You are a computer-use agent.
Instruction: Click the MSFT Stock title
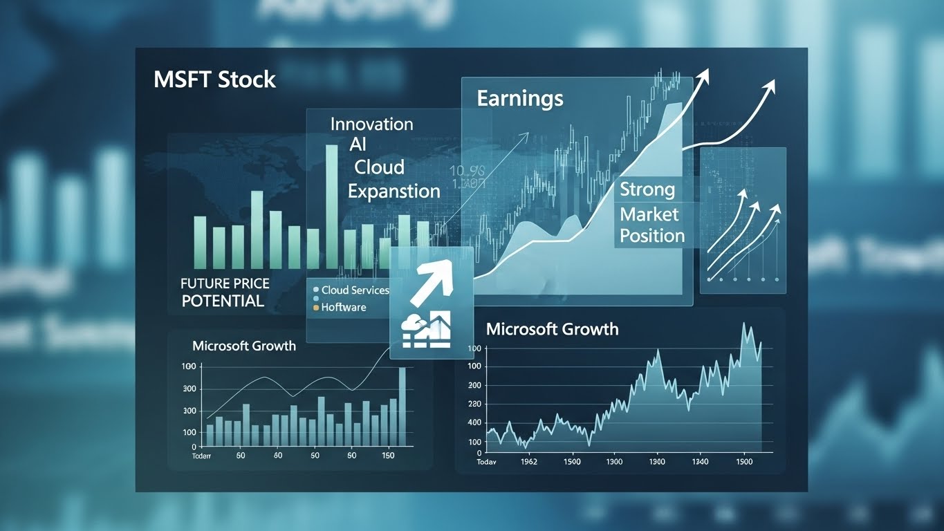(x=214, y=80)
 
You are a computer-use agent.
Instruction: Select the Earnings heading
(x=520, y=98)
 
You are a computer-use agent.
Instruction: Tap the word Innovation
(x=371, y=124)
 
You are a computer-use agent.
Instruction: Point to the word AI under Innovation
(x=358, y=145)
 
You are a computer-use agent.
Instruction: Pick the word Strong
(x=647, y=189)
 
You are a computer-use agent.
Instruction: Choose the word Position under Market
(x=651, y=236)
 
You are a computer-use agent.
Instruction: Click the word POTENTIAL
(x=223, y=301)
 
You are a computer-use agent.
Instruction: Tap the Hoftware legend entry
(x=344, y=307)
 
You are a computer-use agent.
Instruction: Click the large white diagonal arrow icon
(x=429, y=283)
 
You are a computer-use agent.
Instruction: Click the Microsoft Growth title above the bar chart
(x=243, y=346)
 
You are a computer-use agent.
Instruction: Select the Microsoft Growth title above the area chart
(x=552, y=329)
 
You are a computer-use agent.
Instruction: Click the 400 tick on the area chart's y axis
(x=474, y=422)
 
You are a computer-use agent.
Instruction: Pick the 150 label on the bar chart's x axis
(x=388, y=456)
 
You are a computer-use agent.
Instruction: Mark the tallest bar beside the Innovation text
(x=332, y=205)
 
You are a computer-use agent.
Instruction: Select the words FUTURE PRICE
(x=225, y=284)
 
